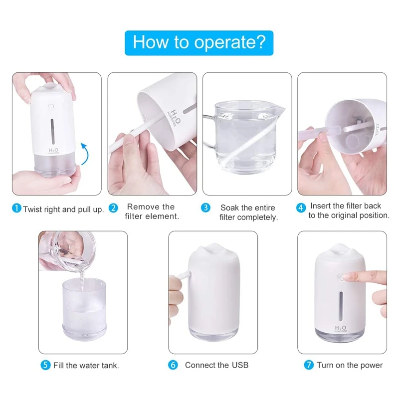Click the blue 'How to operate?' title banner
199,42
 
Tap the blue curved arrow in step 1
85,154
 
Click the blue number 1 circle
17,209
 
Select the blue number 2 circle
113,207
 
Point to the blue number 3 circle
205,207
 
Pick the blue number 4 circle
301,207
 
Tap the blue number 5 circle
45,365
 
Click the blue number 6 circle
173,365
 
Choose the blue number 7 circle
309,365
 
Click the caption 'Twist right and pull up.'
63,209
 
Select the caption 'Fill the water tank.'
86,365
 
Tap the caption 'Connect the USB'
216,365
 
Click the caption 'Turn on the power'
350,365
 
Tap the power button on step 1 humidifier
51,106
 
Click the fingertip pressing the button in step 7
348,276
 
